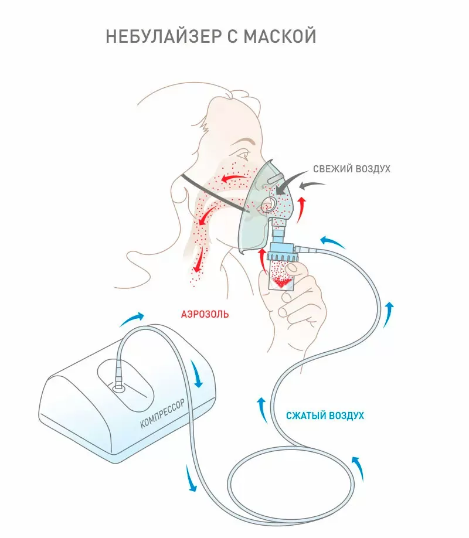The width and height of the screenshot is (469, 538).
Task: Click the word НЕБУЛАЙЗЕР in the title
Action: coord(164,36)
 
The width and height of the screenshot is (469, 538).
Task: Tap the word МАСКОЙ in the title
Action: coord(280,36)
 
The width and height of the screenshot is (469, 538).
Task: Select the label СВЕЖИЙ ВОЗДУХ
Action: coord(352,169)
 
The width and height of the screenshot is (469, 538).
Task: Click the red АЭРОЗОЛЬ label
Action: coord(205,314)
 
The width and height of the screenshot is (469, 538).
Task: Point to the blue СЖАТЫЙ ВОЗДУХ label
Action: coord(325,416)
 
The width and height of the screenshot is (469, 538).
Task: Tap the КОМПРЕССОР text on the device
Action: coord(162,413)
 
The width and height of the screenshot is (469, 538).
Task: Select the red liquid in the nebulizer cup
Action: coord(281,282)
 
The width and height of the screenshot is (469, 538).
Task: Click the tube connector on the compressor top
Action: coord(119,387)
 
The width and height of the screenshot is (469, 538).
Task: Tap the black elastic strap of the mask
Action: coord(213,194)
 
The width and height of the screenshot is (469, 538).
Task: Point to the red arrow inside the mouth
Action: coord(234,178)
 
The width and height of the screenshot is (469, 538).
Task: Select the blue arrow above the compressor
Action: coord(132,319)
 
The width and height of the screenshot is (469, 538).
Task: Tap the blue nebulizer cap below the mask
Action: coord(282,251)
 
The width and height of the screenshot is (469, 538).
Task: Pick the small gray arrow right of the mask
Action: coord(312,185)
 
